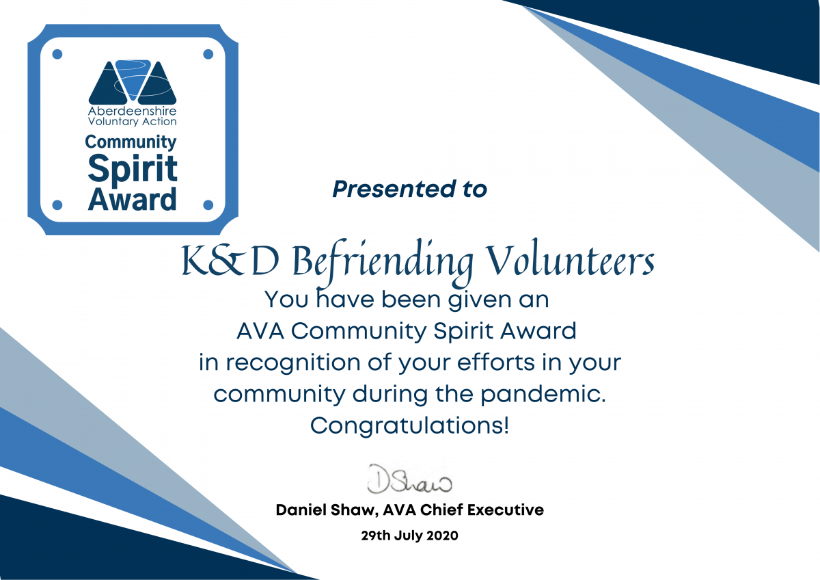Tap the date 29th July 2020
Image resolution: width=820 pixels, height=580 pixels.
409,536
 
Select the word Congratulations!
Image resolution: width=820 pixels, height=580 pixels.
409,426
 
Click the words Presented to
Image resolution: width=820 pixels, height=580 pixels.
409,189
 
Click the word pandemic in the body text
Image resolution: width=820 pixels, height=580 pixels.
551,394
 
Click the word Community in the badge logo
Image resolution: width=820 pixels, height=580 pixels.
131,142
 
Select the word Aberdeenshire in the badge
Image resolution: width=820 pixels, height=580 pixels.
133,110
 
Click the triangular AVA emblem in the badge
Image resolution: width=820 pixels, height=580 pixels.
133,81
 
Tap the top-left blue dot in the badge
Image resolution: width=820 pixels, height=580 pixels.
58,53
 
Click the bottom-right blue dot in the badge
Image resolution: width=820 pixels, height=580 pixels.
208,204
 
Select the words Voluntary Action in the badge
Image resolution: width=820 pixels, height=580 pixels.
133,121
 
